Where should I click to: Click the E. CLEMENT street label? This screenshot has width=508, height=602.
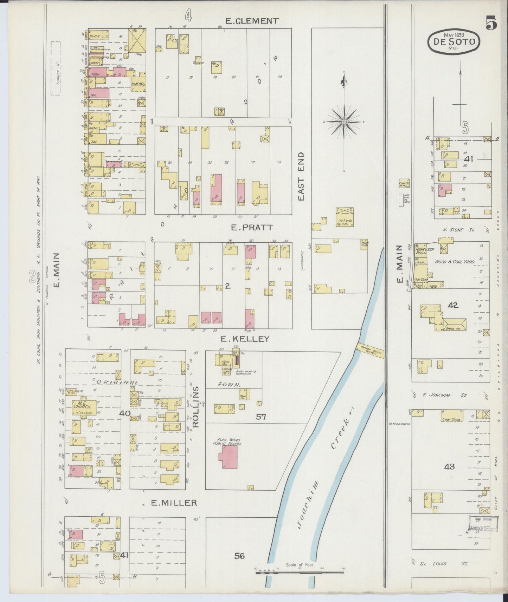click(252, 21)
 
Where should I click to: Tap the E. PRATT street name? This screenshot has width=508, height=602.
click(251, 228)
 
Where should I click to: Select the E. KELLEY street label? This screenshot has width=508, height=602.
click(245, 339)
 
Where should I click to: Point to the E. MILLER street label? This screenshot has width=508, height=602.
click(174, 503)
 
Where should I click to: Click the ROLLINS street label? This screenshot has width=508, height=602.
click(196, 407)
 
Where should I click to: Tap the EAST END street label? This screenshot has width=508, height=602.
click(301, 177)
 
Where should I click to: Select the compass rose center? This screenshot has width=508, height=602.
click(344, 122)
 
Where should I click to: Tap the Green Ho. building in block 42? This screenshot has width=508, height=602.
click(455, 324)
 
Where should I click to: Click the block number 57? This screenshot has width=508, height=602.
click(261, 417)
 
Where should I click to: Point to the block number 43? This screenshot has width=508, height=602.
click(449, 466)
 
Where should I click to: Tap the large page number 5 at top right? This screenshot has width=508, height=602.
click(491, 24)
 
